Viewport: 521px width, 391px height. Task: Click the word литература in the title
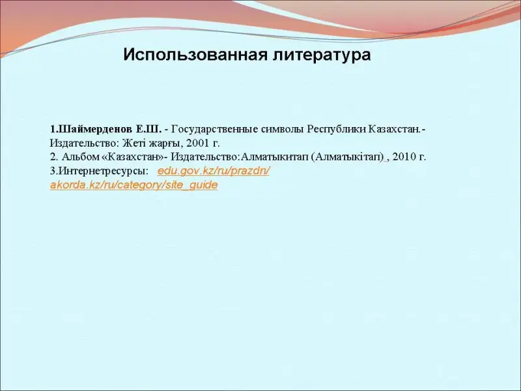click(x=322, y=55)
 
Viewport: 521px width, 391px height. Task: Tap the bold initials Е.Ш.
click(x=148, y=129)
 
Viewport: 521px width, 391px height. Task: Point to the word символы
click(x=283, y=129)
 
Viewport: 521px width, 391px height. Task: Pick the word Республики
click(x=336, y=129)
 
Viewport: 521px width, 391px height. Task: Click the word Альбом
click(x=81, y=156)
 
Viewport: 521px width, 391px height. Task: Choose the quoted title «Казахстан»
click(x=134, y=156)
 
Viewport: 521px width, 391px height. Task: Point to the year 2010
click(x=403, y=156)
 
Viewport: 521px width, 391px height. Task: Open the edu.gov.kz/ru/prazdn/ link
click(x=214, y=171)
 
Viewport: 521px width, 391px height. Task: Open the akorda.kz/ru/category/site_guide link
click(x=134, y=185)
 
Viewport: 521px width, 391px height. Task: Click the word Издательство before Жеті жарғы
click(x=85, y=143)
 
